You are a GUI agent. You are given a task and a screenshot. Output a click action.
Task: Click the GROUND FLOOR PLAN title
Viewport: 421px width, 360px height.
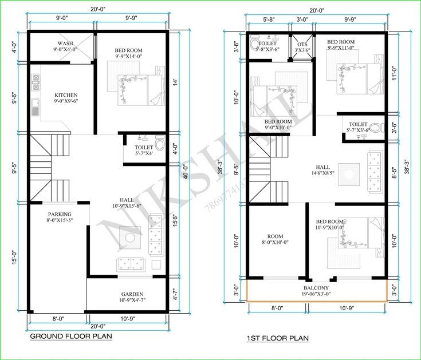(70, 336)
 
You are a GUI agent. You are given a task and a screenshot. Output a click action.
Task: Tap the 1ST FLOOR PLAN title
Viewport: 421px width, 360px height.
(277, 338)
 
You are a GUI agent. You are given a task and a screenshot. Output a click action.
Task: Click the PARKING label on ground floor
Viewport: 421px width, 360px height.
(59, 213)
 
